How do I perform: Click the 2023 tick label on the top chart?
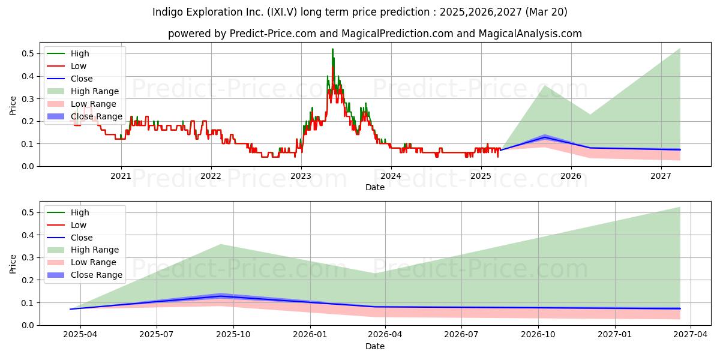click(301, 176)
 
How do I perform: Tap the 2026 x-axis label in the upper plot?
click(571, 176)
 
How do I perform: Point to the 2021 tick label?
click(121, 176)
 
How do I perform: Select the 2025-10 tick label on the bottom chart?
click(233, 335)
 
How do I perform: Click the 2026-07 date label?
click(461, 335)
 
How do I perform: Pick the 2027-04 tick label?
click(691, 335)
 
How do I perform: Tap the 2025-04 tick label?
click(80, 335)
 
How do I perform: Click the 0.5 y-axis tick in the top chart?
click(28, 53)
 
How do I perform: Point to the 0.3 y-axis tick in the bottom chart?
click(28, 258)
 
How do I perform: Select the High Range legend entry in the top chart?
click(83, 91)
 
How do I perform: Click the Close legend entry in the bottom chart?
click(70, 238)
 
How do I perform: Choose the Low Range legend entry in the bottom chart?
click(82, 262)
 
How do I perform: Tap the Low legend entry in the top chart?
click(67, 66)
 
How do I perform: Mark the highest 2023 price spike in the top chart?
click(332, 49)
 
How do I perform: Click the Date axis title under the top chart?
click(375, 187)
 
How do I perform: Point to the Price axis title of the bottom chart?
click(13, 264)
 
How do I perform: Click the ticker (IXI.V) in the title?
click(282, 12)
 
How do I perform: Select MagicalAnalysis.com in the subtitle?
click(530, 34)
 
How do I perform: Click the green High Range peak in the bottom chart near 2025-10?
click(221, 245)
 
